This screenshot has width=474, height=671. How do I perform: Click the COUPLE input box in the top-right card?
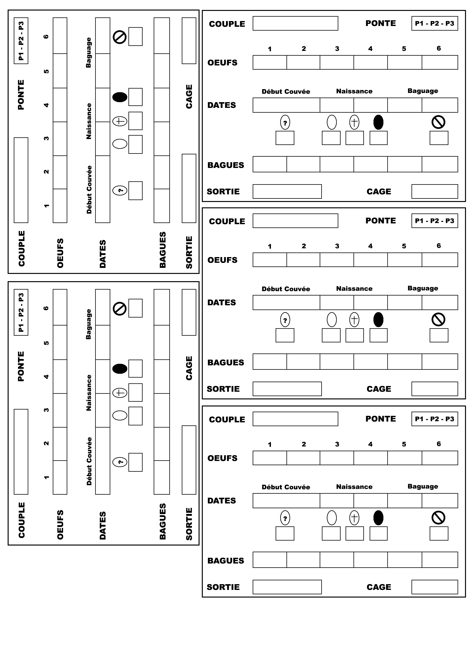(x=295, y=23)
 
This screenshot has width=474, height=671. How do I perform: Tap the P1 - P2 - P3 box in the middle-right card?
(x=435, y=221)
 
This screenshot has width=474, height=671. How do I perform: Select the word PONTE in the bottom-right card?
(x=381, y=419)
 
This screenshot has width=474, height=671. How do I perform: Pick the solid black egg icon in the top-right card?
(x=378, y=122)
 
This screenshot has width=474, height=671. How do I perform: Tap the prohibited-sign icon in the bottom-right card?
(x=438, y=518)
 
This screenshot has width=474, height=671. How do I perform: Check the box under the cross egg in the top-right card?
(x=355, y=138)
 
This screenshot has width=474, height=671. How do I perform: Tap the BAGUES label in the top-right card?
(x=226, y=165)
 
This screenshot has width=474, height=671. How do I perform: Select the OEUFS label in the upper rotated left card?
(x=60, y=253)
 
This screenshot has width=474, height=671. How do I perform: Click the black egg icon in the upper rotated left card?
(x=120, y=97)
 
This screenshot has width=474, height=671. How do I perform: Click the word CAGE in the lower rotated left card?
(x=189, y=368)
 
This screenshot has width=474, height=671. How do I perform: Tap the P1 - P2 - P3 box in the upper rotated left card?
(x=21, y=41)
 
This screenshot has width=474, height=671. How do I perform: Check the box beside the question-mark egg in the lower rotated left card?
(x=136, y=462)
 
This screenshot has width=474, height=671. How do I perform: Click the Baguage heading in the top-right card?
(x=423, y=91)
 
